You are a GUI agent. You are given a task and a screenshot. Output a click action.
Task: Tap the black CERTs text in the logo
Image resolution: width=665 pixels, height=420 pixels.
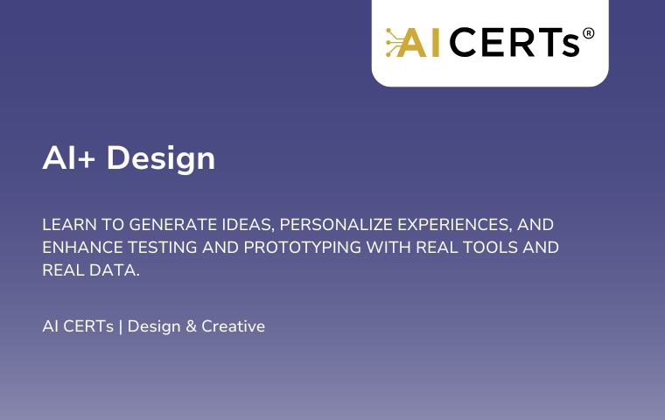pyautogui.click(x=514, y=42)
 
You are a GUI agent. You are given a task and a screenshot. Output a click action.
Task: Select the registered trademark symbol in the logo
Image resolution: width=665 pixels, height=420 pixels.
pyautogui.click(x=588, y=33)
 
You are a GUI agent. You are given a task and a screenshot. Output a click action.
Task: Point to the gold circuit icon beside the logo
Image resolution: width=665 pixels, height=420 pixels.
pyautogui.click(x=394, y=42)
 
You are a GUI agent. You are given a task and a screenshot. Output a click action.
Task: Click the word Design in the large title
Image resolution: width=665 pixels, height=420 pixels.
pyautogui.click(x=161, y=159)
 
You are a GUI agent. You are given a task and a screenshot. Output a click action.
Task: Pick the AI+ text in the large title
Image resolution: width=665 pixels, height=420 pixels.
pyautogui.click(x=69, y=157)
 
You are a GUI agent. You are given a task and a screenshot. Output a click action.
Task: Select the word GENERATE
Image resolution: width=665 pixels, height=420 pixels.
pyautogui.click(x=173, y=224)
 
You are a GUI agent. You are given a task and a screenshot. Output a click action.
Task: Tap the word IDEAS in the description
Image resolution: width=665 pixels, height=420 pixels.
pyautogui.click(x=248, y=225)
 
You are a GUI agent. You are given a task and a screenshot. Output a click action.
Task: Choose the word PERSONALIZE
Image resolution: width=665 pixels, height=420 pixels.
pyautogui.click(x=336, y=224)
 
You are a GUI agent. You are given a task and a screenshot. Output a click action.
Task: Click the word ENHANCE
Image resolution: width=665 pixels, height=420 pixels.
pyautogui.click(x=83, y=248)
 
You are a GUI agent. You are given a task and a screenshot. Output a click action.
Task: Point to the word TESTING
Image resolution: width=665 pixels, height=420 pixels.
pyautogui.click(x=163, y=248)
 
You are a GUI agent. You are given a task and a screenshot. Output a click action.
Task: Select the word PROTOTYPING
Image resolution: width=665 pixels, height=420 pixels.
pyautogui.click(x=303, y=248)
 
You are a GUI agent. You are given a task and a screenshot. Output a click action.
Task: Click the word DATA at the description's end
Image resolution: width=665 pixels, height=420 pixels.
pyautogui.click(x=115, y=270)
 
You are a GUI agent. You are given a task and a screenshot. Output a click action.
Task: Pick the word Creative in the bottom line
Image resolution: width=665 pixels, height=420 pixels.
pyautogui.click(x=234, y=326)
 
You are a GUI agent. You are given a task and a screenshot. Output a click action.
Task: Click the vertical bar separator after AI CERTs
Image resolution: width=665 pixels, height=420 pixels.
pyautogui.click(x=121, y=326)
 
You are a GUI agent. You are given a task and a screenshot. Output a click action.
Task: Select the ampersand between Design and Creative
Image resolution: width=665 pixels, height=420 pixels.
pyautogui.click(x=192, y=326)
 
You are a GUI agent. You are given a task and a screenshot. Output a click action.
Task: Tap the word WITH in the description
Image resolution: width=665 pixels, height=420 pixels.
pyautogui.click(x=388, y=248)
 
